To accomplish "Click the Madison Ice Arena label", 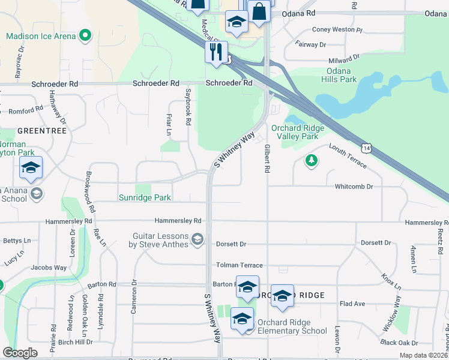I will pyautogui.click(x=41, y=36).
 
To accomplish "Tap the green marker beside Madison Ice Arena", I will pyautogui.click(x=85, y=36).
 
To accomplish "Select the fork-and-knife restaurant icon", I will pyautogui.click(x=215, y=52).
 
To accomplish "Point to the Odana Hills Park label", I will pyautogui.click(x=339, y=75).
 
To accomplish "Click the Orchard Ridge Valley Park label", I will pyautogui.click(x=298, y=132).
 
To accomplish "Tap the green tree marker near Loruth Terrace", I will pyautogui.click(x=311, y=161).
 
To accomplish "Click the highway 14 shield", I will pyautogui.click(x=366, y=147).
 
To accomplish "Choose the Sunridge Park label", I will pyautogui.click(x=145, y=197).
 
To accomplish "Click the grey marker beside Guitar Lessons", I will pyautogui.click(x=196, y=240).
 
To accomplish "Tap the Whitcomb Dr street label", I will pyautogui.click(x=354, y=187).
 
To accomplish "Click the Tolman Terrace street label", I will pyautogui.click(x=239, y=265).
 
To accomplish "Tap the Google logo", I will pyautogui.click(x=20, y=353).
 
